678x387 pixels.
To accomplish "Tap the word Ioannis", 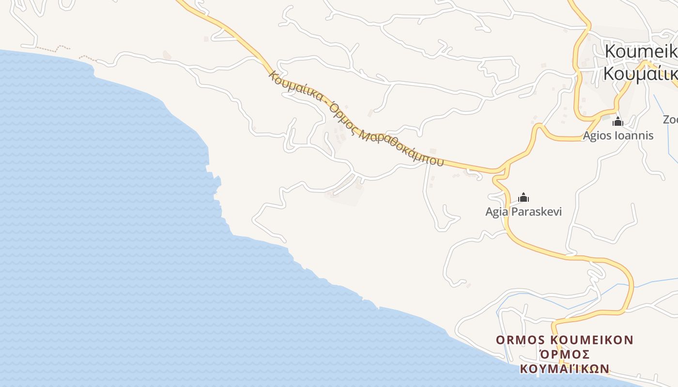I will click(634, 135).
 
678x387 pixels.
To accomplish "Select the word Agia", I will click(497, 212).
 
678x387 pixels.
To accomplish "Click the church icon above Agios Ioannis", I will click(617, 121).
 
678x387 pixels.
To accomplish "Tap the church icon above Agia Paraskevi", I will click(524, 197).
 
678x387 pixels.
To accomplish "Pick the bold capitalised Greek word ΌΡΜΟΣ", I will click(564, 354).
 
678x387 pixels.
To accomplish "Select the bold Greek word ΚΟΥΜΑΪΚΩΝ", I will click(564, 369).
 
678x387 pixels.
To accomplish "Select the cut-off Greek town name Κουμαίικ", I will click(639, 74).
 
